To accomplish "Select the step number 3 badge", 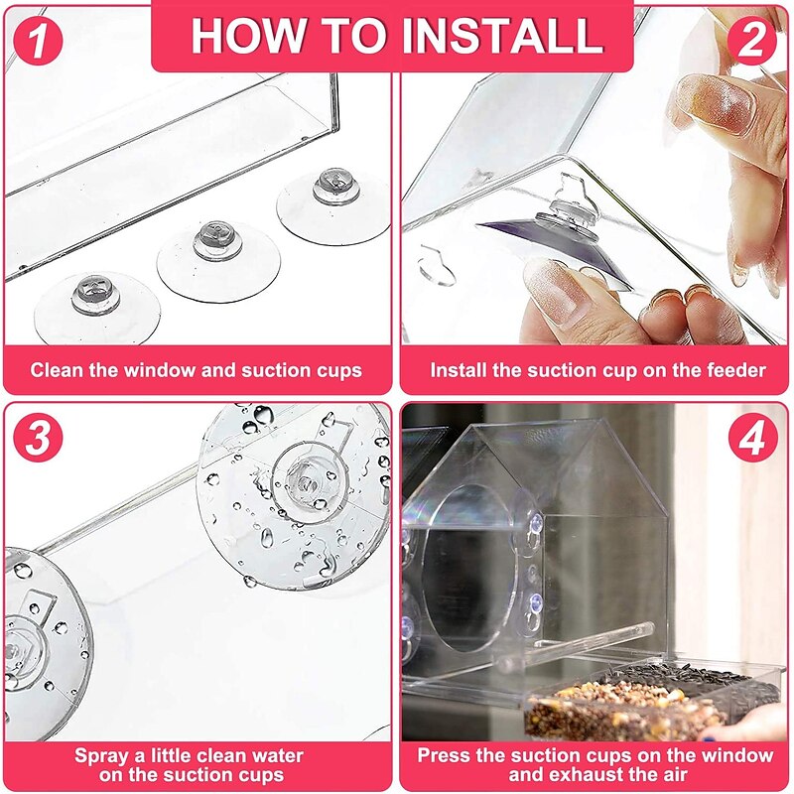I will point(39,439).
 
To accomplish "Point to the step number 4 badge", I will point(753,439).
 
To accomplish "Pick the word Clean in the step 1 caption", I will point(56,370).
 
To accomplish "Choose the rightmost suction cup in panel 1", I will point(333,202).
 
